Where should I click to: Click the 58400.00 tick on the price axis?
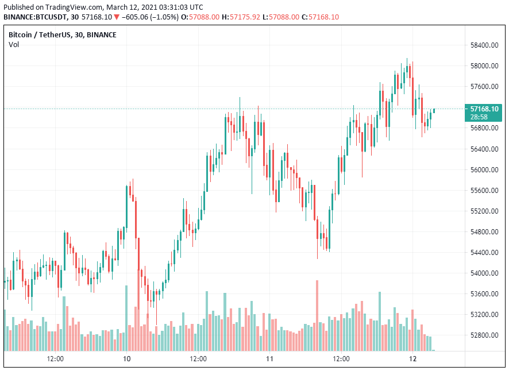coord(484,45)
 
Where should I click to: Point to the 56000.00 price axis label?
coord(484,170)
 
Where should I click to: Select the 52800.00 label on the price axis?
coord(484,335)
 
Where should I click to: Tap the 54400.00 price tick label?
coord(484,253)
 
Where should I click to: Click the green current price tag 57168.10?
coord(484,108)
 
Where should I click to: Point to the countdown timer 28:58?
coord(480,116)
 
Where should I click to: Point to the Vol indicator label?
coord(13,44)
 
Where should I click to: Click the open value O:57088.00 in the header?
coord(200,17)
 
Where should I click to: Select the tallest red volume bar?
coord(317,315)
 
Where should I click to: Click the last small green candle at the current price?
coord(434,110)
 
